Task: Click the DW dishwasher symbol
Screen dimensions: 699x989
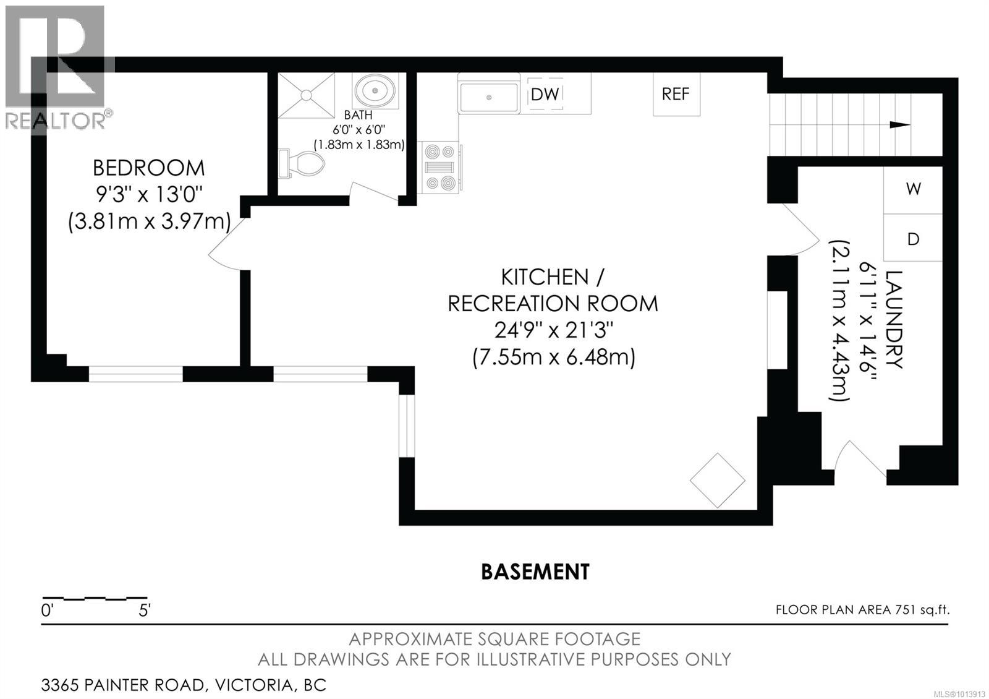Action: coord(545,94)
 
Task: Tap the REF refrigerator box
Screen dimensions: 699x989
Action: coord(676,94)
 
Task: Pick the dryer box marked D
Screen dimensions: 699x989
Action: coord(913,239)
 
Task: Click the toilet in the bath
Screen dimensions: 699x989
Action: coord(303,163)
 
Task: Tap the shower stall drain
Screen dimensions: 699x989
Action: coord(306,95)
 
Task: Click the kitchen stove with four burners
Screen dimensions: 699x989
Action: coord(439,167)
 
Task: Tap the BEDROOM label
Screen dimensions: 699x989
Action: coord(148,168)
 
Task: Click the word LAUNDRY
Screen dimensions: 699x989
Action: coord(894,319)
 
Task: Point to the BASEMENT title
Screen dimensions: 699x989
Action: coord(535,572)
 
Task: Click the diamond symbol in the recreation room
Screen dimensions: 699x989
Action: coord(717,481)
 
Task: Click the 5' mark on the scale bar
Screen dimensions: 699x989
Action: coord(145,611)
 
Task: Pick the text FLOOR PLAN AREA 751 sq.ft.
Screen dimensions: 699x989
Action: coord(862,610)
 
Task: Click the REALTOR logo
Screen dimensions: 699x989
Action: coord(56,68)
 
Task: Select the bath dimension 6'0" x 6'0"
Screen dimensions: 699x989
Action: coord(359,130)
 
